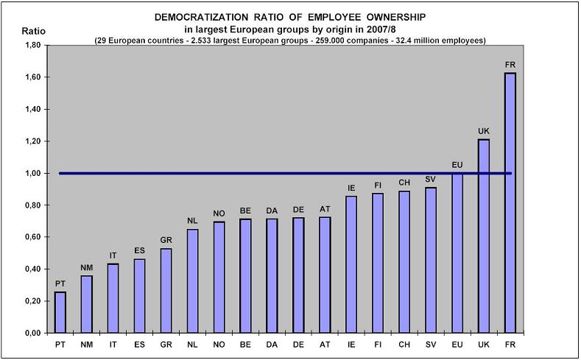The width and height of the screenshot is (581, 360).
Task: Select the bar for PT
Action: tap(60, 312)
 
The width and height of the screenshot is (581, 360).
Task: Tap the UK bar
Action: tap(484, 236)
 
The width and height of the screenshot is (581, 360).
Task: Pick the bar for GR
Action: tap(166, 290)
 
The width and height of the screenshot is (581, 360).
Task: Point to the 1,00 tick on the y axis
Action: tap(32, 174)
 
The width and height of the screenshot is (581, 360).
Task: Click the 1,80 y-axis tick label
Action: tap(32, 46)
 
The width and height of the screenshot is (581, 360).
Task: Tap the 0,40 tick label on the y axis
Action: tap(32, 269)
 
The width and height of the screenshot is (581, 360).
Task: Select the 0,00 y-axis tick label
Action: tap(32, 333)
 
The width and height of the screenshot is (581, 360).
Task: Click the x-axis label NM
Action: tap(86, 344)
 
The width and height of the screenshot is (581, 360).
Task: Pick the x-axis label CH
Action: tap(404, 344)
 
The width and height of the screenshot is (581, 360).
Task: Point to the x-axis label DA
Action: tap(272, 344)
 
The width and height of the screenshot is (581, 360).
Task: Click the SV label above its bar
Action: tap(431, 180)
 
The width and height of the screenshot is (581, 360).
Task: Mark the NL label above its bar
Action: tap(192, 221)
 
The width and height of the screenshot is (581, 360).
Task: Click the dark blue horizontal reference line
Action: tap(221, 174)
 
